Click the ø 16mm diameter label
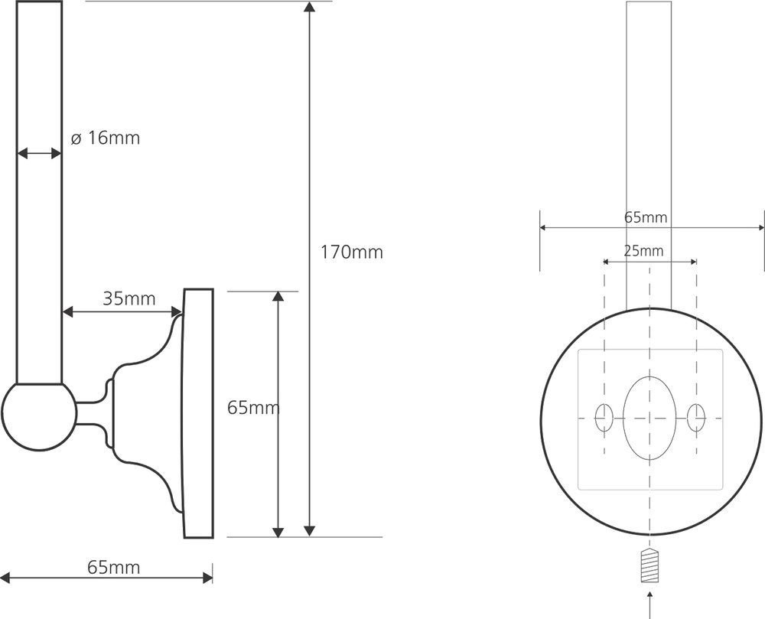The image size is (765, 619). point(106,138)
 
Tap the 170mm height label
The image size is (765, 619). point(352,252)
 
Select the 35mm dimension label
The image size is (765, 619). point(129,298)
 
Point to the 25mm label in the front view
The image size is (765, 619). point(643,251)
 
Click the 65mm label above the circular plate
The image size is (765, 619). point(646,217)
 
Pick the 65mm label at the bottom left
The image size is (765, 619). point(114,567)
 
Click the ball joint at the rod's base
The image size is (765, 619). point(39,416)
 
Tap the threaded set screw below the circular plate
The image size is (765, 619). point(649,565)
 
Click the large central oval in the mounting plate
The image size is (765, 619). point(649,419)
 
